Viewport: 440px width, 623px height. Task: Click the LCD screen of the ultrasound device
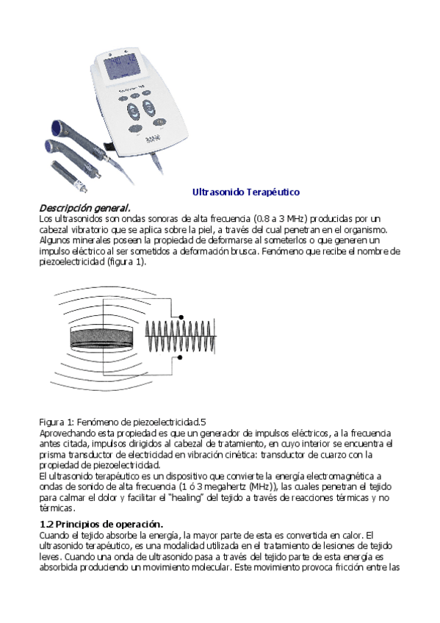117,67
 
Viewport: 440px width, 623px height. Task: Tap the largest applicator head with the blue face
58,126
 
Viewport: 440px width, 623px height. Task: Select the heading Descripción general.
84,208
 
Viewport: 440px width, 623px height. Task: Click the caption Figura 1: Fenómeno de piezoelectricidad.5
122,422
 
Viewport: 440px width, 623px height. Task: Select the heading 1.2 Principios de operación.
100,524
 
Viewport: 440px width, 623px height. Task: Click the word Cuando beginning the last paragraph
53,536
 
